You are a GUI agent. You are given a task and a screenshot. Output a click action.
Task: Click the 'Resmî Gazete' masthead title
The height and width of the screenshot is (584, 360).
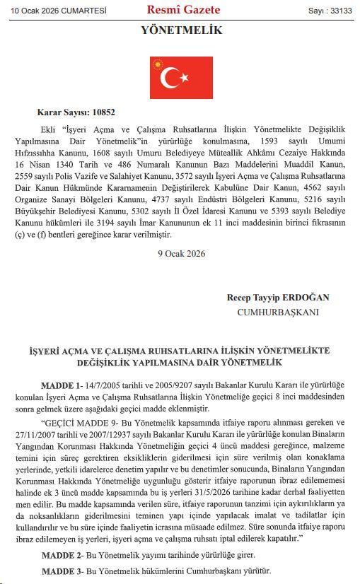pos(183,10)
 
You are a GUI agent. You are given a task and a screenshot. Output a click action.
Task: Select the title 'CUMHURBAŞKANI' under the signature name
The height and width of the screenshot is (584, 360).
pos(278,312)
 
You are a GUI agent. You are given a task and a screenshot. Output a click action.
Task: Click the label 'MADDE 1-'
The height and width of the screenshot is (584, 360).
pos(62,385)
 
